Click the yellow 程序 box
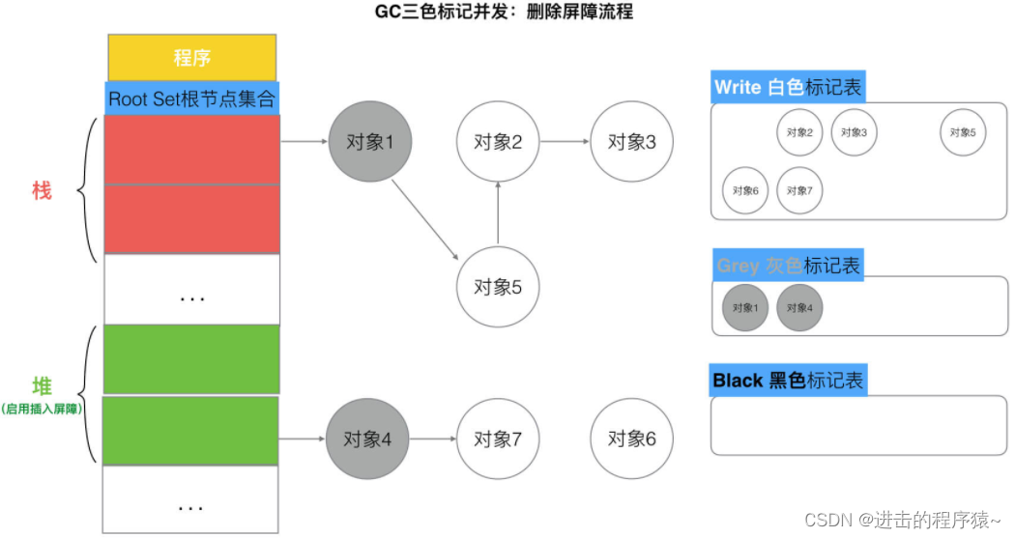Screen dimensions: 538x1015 point(191,58)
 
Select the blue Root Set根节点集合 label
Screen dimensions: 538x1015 point(191,99)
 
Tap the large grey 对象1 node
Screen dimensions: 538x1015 point(370,142)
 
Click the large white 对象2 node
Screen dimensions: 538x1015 point(498,142)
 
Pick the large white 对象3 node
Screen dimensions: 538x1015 point(632,142)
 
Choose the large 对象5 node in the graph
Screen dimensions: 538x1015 point(498,287)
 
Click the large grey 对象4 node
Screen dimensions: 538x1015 point(368,439)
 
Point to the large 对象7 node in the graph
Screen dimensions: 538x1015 point(498,439)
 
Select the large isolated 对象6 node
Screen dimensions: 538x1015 point(632,439)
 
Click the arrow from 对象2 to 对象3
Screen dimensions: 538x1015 point(565,142)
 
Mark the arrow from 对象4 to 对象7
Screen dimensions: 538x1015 point(433,439)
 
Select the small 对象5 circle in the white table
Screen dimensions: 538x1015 point(962,132)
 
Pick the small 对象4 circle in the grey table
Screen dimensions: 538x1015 point(799,308)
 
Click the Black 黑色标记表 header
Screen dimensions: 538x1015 point(788,381)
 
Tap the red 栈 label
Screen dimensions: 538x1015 point(42,190)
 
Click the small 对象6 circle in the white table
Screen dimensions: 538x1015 point(745,190)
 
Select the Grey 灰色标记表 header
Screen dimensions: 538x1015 point(788,266)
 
